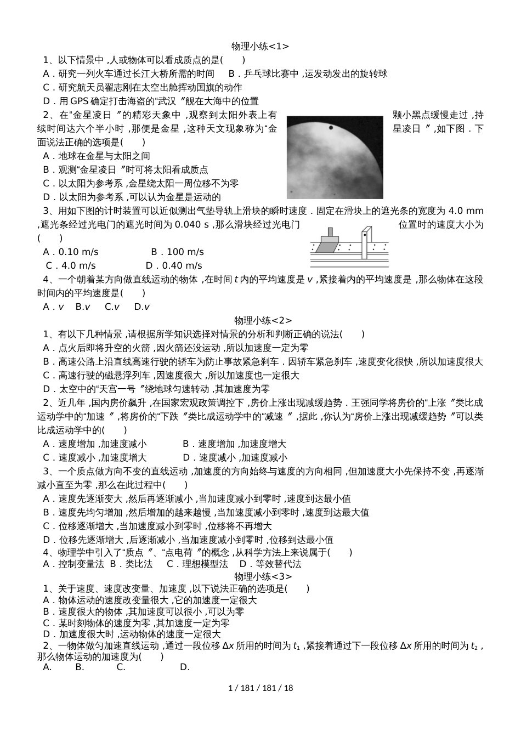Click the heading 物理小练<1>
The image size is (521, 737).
tap(260, 47)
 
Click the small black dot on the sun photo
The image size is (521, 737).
tap(331, 128)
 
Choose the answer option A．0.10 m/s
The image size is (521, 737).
tap(71, 252)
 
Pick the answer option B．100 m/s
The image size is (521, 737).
tap(177, 252)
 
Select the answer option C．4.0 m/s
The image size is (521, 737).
tap(71, 266)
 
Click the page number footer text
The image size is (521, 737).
tap(260, 688)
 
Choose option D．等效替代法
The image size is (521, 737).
tap(270, 564)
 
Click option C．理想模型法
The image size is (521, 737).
tap(197, 564)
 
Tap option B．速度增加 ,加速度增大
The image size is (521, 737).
tap(234, 444)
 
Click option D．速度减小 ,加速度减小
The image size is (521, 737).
tap(234, 458)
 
